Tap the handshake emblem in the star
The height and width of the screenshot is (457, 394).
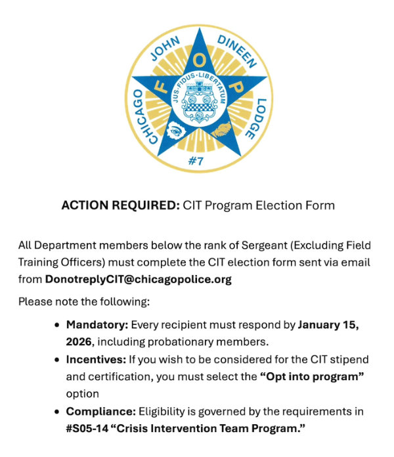(x=224, y=129)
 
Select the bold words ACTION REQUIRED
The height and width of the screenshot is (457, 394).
(x=120, y=206)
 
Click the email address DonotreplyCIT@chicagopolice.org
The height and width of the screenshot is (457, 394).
(x=138, y=279)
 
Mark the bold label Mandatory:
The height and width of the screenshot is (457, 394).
(x=97, y=324)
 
